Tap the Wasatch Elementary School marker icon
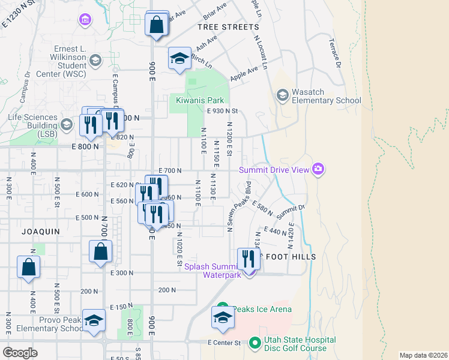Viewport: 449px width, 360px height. coord(282,95)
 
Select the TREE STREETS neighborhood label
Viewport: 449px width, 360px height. coord(228,27)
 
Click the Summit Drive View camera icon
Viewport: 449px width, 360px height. coord(318,170)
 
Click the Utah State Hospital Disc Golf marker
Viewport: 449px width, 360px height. coord(255,343)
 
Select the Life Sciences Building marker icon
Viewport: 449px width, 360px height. coord(66,125)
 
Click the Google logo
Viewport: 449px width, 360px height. coord(20,352)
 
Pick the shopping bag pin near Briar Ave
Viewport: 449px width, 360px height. coord(156,26)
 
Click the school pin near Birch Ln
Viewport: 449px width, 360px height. coord(179,58)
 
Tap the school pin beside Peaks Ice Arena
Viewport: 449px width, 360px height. coord(223,318)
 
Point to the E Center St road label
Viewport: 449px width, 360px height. coord(223,343)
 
